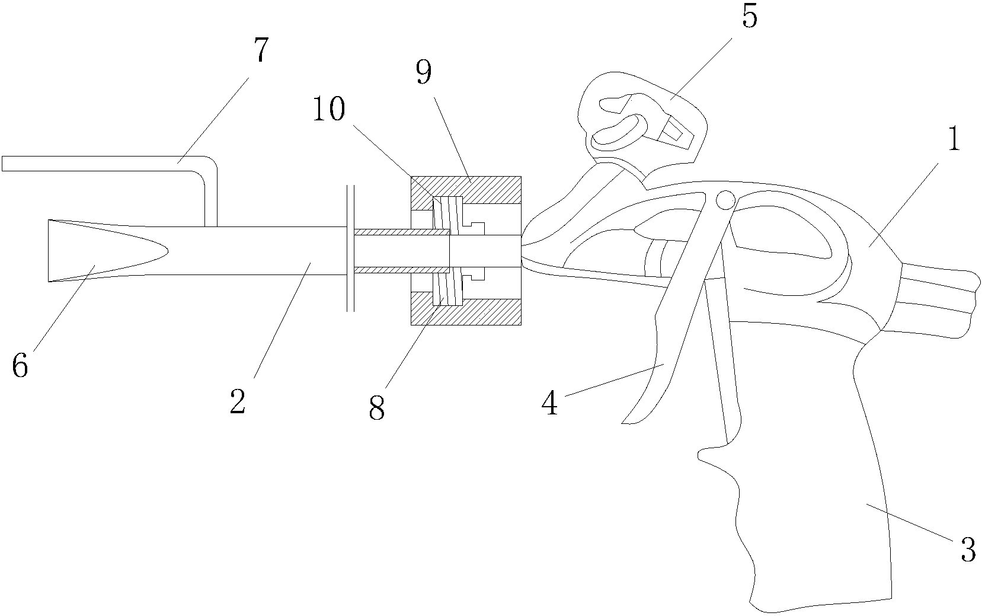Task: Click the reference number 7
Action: (x=260, y=51)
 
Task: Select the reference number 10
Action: (x=330, y=109)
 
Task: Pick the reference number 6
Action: (x=20, y=366)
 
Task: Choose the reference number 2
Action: (x=237, y=401)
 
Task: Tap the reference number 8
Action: (x=377, y=408)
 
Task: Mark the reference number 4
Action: (x=550, y=404)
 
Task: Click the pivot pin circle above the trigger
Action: (x=724, y=200)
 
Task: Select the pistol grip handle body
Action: (x=818, y=474)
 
